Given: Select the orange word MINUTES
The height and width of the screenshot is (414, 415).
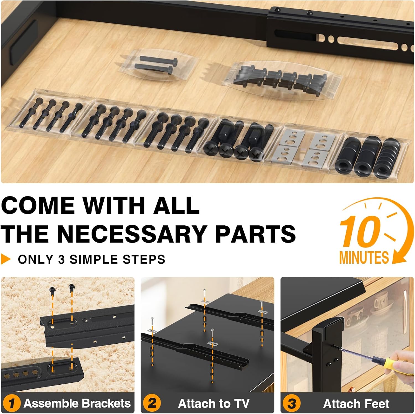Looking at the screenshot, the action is pyautogui.click(x=364, y=257).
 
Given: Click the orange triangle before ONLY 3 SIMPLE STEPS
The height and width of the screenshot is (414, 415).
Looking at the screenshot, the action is pyautogui.click(x=6, y=259).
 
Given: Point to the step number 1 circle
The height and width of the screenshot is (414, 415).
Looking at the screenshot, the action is pyautogui.click(x=12, y=403).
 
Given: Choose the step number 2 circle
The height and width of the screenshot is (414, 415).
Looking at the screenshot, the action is pyautogui.click(x=152, y=403).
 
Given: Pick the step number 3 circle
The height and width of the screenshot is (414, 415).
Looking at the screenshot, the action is pyautogui.click(x=292, y=403).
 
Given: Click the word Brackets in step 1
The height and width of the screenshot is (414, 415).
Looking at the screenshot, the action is pyautogui.click(x=106, y=403).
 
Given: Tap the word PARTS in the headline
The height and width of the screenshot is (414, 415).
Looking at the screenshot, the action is pyautogui.click(x=255, y=233).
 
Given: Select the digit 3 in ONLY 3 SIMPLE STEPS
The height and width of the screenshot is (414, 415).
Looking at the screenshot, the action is pyautogui.click(x=61, y=259).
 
